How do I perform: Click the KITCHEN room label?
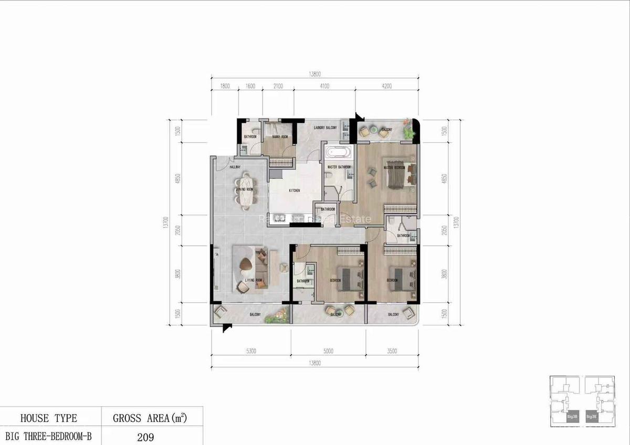[294, 191]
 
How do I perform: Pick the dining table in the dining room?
[245, 190]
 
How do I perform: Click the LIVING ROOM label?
[254, 281]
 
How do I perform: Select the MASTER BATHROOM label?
[339, 167]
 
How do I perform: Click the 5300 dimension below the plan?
[250, 352]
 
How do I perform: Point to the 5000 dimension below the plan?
[329, 352]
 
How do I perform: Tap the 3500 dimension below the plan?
[392, 352]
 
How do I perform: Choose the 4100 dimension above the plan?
[324, 87]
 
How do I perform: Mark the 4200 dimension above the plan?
[387, 87]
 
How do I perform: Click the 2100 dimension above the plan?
[278, 87]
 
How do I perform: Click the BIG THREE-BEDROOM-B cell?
[49, 436]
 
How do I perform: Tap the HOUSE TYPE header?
[49, 418]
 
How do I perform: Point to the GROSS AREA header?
[150, 418]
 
